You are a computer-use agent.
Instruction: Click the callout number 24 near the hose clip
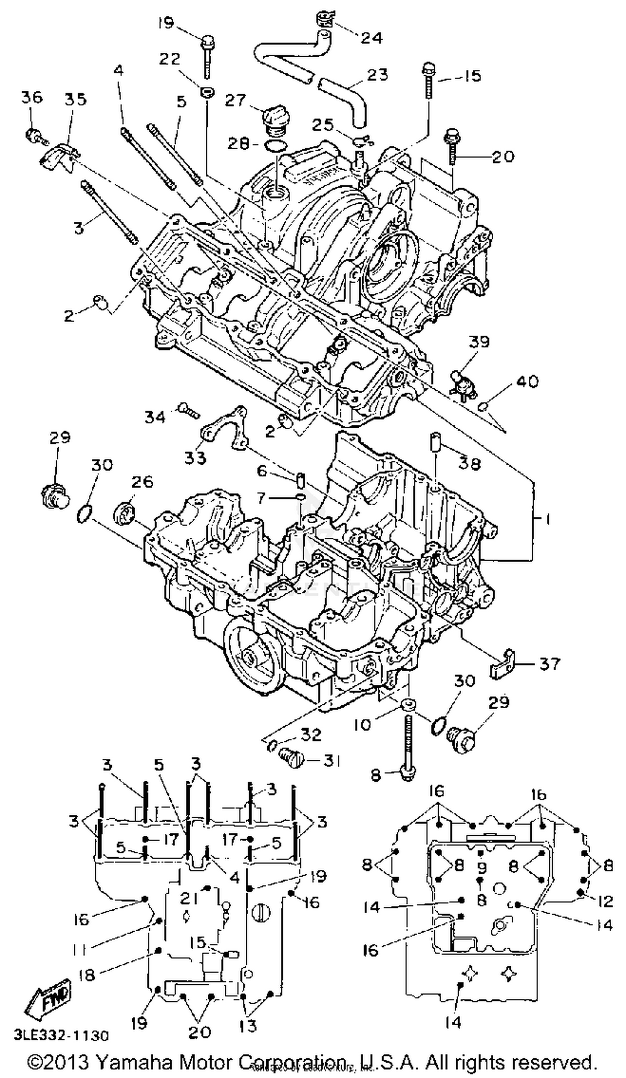[x=371, y=38]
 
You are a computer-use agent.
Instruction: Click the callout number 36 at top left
[x=32, y=97]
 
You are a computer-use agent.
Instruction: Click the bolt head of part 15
[x=429, y=68]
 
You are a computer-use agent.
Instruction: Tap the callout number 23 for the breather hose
[x=377, y=75]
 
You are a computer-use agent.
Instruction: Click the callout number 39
[x=479, y=342]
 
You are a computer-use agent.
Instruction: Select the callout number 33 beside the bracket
[x=195, y=458]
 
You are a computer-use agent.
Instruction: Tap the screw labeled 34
[x=188, y=409]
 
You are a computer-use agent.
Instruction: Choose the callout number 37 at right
[x=550, y=664]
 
